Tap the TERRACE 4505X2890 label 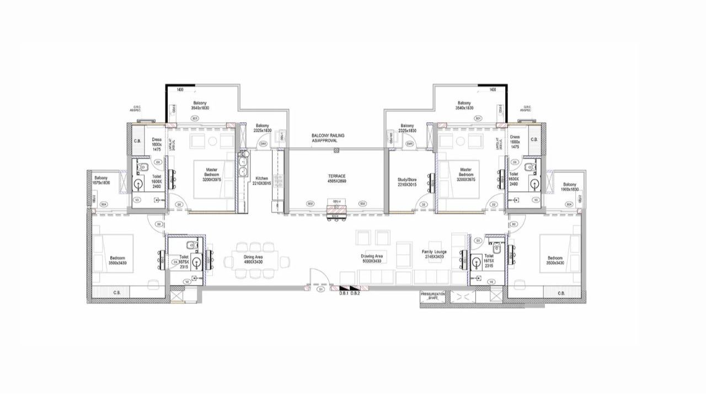tap(336, 179)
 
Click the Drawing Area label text tap(372, 259)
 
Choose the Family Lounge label tap(434, 254)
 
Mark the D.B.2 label tap(355, 293)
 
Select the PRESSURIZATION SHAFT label tap(433, 296)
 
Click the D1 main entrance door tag tap(320, 288)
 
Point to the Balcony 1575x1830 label tap(101, 180)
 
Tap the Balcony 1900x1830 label tap(570, 187)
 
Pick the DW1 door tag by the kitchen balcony tap(263, 144)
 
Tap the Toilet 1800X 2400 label tap(514, 179)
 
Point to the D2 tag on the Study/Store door tap(424, 205)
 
